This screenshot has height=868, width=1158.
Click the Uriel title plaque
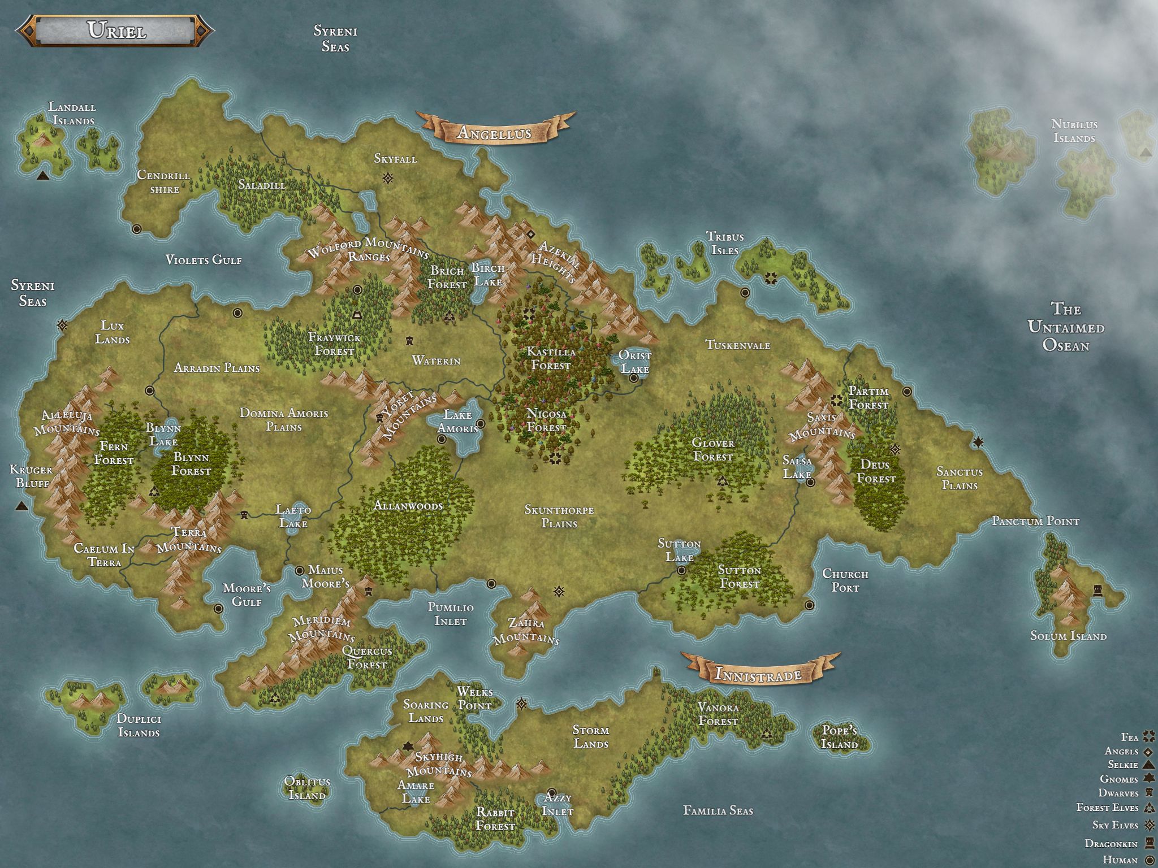[x=116, y=31]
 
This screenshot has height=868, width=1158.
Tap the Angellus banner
[x=494, y=132]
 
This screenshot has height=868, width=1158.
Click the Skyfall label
[x=395, y=159]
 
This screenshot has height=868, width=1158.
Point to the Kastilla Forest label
[x=551, y=358]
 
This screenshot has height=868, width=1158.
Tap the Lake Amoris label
[x=457, y=422]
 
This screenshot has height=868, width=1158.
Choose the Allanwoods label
[x=408, y=506]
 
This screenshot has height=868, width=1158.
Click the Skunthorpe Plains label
[x=559, y=517]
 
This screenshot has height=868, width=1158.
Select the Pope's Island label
[x=839, y=737]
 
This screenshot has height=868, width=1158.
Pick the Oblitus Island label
[x=307, y=789]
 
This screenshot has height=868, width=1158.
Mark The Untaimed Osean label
[x=1066, y=327]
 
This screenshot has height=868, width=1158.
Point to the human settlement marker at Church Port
[x=810, y=605]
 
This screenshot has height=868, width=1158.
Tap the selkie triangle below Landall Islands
[x=42, y=176]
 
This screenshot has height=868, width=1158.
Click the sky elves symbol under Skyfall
[x=388, y=179]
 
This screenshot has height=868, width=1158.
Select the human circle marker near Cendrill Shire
[x=136, y=229]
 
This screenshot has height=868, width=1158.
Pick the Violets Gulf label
[x=204, y=260]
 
